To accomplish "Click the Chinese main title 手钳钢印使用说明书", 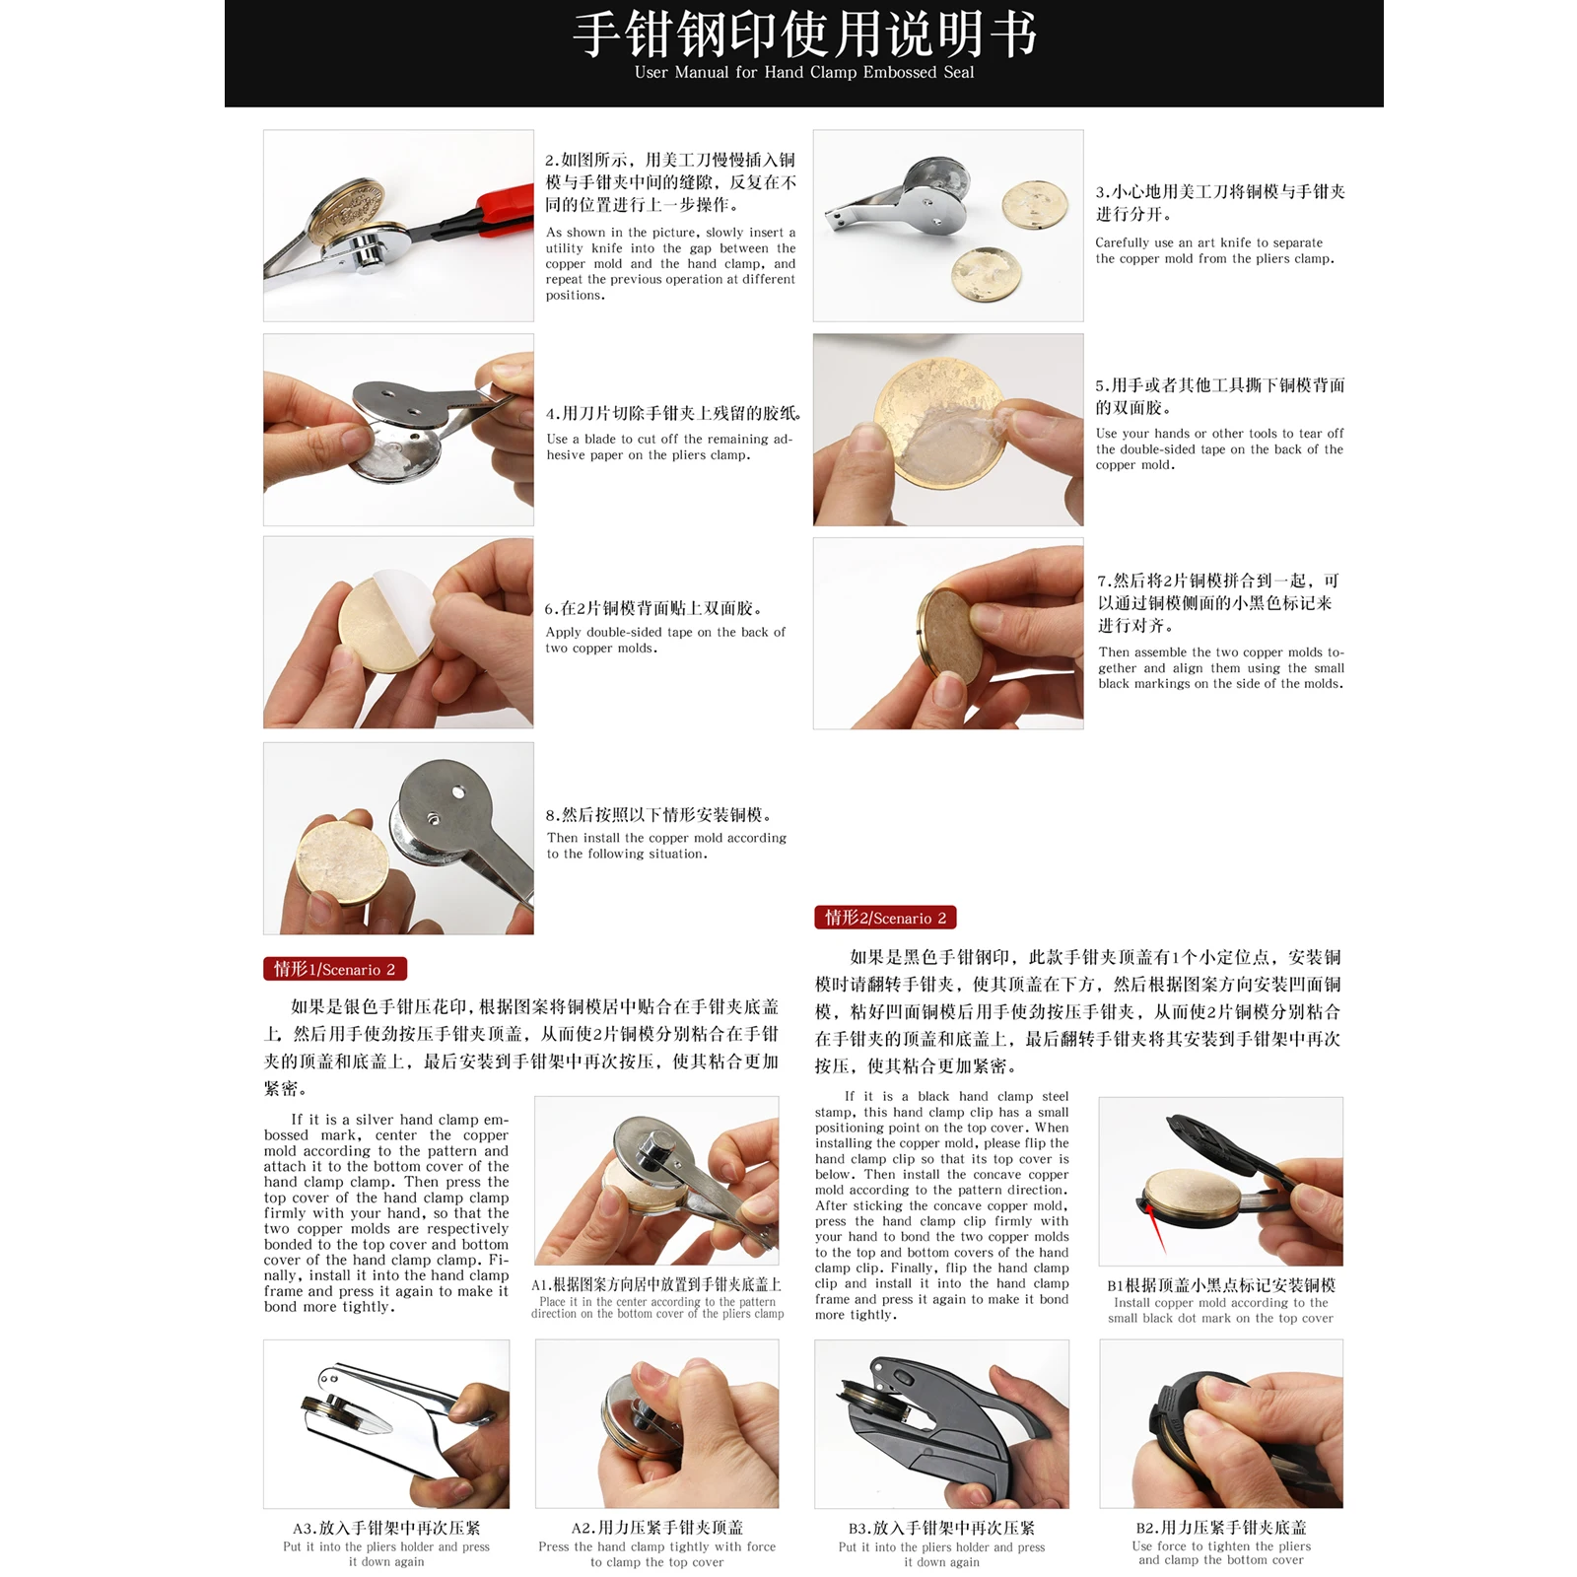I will coord(803,34).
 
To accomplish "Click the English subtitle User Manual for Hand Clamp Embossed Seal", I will coord(803,72).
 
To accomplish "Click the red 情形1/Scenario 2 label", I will coord(334,969).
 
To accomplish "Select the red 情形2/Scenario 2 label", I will coord(884,918).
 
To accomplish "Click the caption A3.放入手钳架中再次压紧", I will coord(386,1528).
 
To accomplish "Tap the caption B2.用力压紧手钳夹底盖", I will coord(1220,1527).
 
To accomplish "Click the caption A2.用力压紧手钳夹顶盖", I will coord(656,1527).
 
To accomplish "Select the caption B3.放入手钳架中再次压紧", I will coord(941,1528).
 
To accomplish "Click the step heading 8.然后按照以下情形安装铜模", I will coord(658,814).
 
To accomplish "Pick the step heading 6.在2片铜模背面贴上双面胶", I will coord(653,608).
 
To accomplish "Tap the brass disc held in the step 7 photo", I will coord(951,631).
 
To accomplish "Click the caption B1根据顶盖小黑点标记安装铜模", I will coord(1220,1284).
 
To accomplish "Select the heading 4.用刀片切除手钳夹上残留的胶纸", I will coord(674,413).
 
